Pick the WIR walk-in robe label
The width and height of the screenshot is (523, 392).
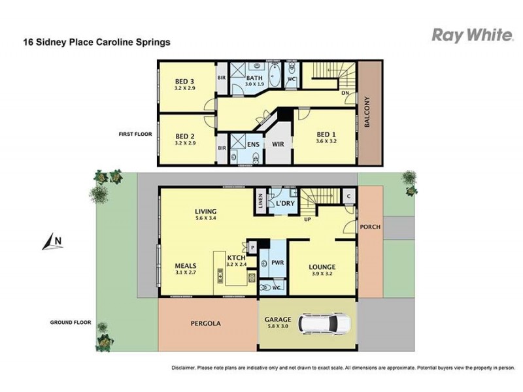coord(277,145)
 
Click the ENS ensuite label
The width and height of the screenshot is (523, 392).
coord(254,145)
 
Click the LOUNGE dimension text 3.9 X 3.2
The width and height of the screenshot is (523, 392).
coord(322,275)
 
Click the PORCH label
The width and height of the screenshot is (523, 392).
coord(370,227)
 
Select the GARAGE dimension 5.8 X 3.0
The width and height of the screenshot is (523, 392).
coord(278,328)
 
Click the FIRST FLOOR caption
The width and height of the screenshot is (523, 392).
coord(135,134)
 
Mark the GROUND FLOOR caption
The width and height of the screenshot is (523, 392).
coord(74,323)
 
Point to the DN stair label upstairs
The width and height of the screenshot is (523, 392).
coord(345,93)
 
